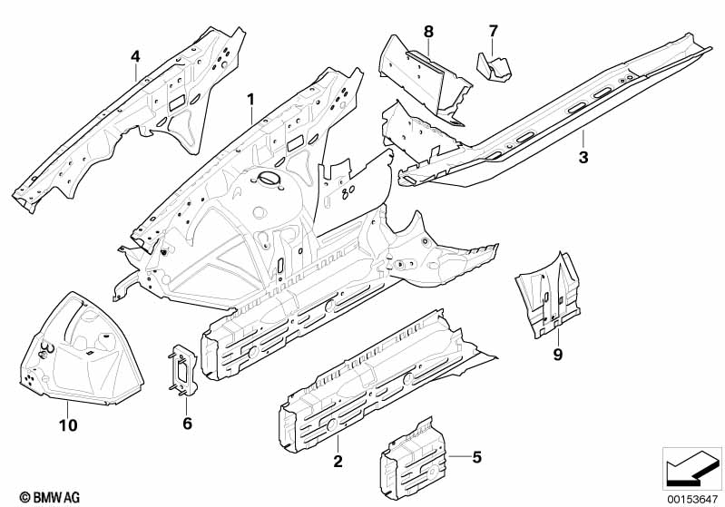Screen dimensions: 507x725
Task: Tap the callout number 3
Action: coord(583,158)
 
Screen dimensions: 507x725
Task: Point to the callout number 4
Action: coord(135,56)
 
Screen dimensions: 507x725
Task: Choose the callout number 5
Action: coord(477,457)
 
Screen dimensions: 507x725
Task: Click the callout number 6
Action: coord(187,423)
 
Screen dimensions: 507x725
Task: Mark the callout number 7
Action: coord(493,31)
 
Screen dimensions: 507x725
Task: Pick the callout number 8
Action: coord(428,31)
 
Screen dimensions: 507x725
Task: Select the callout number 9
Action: coord(558,355)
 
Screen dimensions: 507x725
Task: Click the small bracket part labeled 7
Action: coord(495,66)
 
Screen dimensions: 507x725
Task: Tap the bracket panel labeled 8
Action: coord(425,77)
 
